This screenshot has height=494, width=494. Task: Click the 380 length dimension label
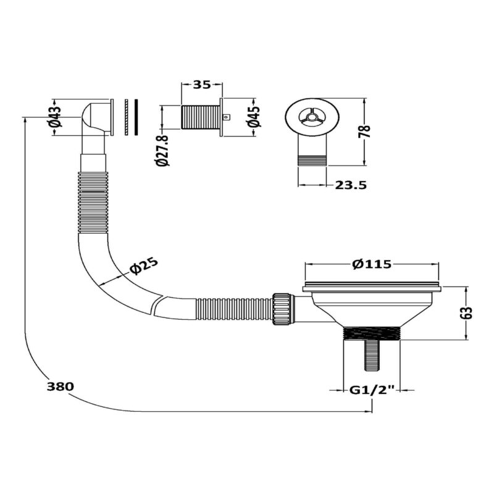[x=60, y=387]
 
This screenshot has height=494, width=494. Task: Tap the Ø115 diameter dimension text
[x=372, y=264]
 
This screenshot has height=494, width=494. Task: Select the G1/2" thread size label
[x=372, y=390]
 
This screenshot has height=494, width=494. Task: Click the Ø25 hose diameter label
[x=143, y=266]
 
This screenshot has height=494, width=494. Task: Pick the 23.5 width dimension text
[x=351, y=185]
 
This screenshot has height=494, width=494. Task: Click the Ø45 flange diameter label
[x=254, y=116]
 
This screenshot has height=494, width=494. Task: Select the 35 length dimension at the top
[x=202, y=85]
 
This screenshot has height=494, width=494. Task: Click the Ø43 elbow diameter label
[x=56, y=117]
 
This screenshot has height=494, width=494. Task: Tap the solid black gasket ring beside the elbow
[x=136, y=117]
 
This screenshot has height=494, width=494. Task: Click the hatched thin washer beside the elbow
[x=127, y=117]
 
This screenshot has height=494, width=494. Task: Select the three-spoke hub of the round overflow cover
[x=312, y=117]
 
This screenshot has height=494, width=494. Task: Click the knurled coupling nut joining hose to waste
[x=282, y=309]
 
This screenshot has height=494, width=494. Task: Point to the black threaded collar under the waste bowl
[x=372, y=333]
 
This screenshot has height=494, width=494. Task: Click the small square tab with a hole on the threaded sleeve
[x=226, y=117]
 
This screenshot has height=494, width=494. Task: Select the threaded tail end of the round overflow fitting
[x=312, y=160]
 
